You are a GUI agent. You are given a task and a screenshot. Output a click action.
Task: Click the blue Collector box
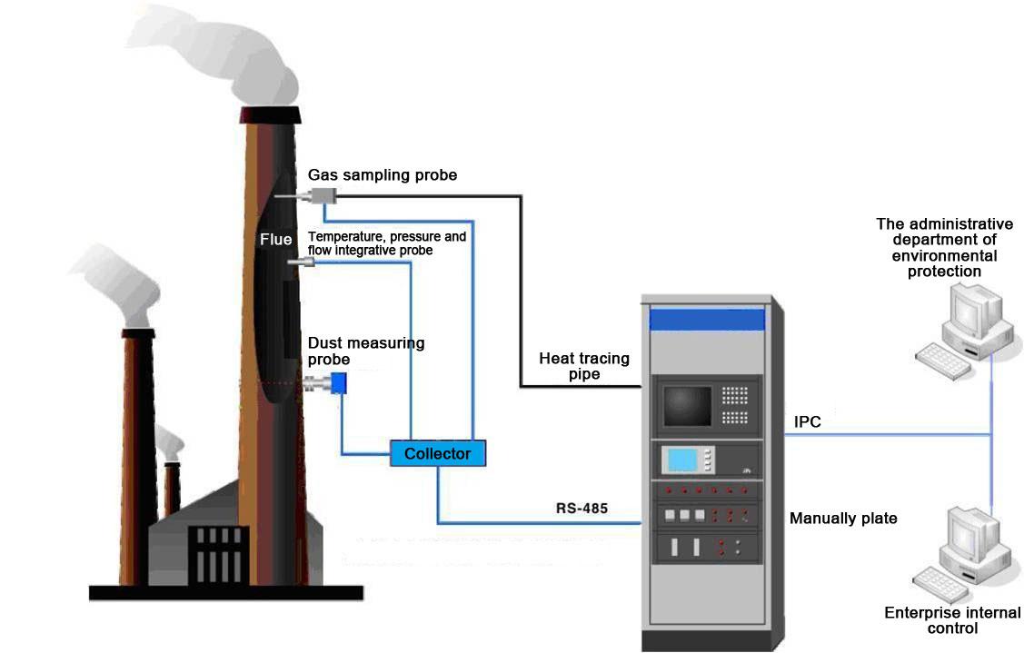438,453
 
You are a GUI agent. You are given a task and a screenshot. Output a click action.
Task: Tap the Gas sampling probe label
383,173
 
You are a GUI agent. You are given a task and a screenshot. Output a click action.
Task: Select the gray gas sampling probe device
322,194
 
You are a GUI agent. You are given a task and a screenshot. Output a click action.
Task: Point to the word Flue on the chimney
276,240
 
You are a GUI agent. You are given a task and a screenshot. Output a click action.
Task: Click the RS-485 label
582,509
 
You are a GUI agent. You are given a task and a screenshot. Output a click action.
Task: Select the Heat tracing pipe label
583,366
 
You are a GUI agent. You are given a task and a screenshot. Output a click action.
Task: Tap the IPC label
808,422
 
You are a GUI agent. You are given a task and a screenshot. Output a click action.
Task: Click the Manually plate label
843,519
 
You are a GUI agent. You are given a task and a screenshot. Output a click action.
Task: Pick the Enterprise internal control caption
952,620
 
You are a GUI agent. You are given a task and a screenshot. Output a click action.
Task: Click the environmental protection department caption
944,247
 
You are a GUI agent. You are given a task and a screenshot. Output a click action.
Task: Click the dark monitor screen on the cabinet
687,406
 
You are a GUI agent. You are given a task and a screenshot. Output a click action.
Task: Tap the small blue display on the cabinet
681,460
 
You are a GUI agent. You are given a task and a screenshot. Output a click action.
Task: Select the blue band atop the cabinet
707,320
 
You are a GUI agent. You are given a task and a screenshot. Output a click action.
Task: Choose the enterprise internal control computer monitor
969,536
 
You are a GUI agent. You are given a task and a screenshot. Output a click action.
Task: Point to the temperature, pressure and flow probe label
387,242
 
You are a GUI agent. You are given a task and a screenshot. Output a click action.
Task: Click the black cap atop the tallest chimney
270,115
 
